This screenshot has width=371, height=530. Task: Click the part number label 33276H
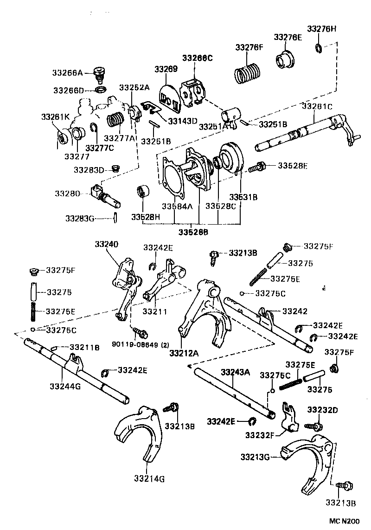(322, 28)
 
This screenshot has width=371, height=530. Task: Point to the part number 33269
(166, 69)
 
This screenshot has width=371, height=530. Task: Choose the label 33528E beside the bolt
(293, 165)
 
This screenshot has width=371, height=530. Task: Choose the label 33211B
(84, 347)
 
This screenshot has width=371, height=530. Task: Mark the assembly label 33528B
(193, 231)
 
